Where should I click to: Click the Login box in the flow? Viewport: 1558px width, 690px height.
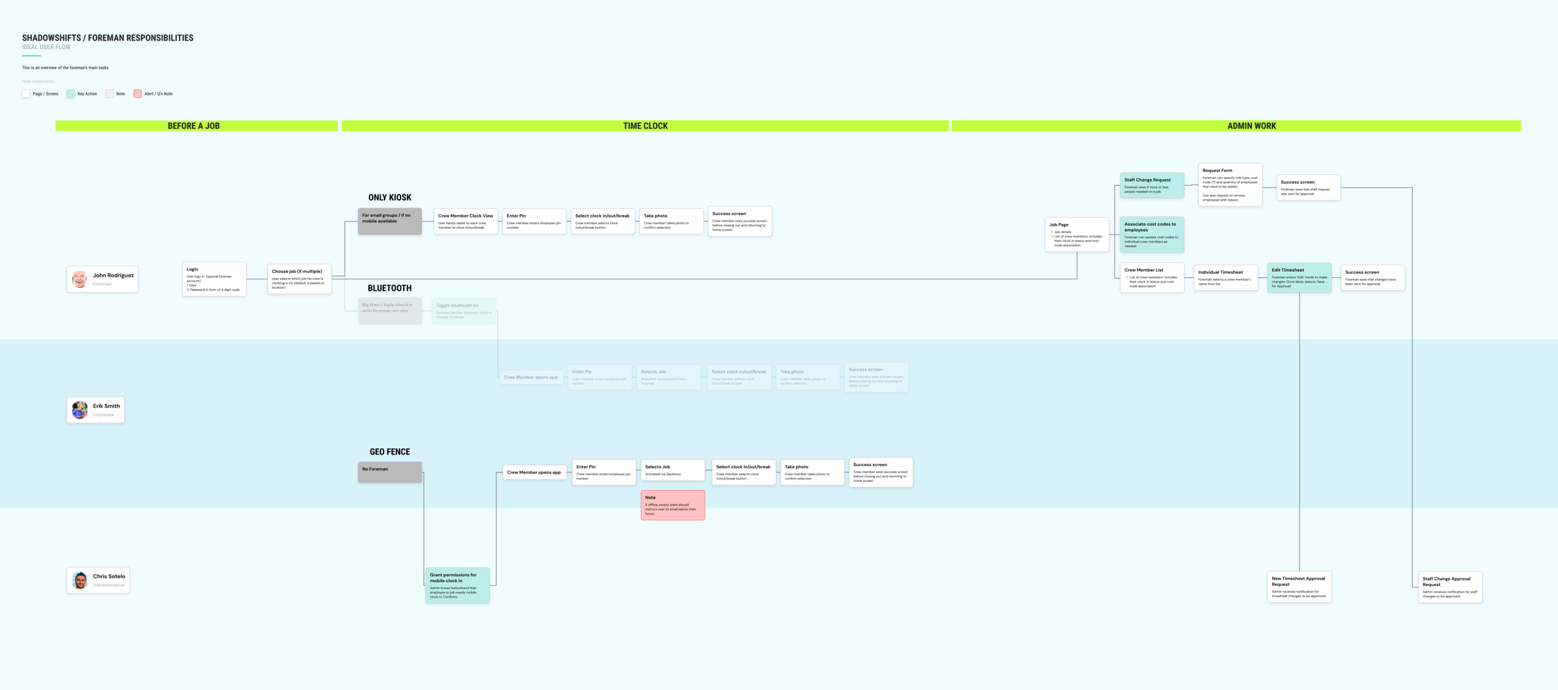(x=214, y=279)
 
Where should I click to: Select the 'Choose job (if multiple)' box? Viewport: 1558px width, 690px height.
(x=299, y=279)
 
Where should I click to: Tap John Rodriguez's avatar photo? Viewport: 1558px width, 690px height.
(x=79, y=279)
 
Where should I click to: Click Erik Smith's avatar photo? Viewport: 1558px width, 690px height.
(x=80, y=410)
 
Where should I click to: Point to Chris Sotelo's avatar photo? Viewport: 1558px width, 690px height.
(x=80, y=580)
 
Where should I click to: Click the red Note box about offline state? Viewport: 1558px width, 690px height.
(x=672, y=505)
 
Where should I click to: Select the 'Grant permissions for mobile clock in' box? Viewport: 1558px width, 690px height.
(x=457, y=585)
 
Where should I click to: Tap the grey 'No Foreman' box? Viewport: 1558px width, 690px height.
(x=389, y=472)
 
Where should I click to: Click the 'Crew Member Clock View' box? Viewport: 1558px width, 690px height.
(x=466, y=221)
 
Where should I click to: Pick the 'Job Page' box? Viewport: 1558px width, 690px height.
(x=1076, y=234)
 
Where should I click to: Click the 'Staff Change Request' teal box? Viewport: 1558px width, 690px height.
(x=1152, y=186)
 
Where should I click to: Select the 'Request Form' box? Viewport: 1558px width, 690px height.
(x=1230, y=184)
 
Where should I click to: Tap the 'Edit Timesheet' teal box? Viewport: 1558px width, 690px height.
(x=1299, y=277)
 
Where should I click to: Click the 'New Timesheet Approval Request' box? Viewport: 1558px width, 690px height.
(x=1299, y=587)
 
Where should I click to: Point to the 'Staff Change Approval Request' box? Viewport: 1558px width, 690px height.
(x=1450, y=587)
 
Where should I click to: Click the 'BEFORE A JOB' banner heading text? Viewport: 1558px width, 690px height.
(x=194, y=126)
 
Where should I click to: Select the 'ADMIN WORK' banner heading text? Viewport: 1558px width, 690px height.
(x=1251, y=126)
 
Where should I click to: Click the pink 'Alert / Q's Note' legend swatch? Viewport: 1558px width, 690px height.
(x=138, y=94)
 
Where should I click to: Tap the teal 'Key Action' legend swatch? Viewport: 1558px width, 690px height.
(x=70, y=94)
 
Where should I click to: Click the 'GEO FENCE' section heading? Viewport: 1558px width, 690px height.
(x=389, y=452)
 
